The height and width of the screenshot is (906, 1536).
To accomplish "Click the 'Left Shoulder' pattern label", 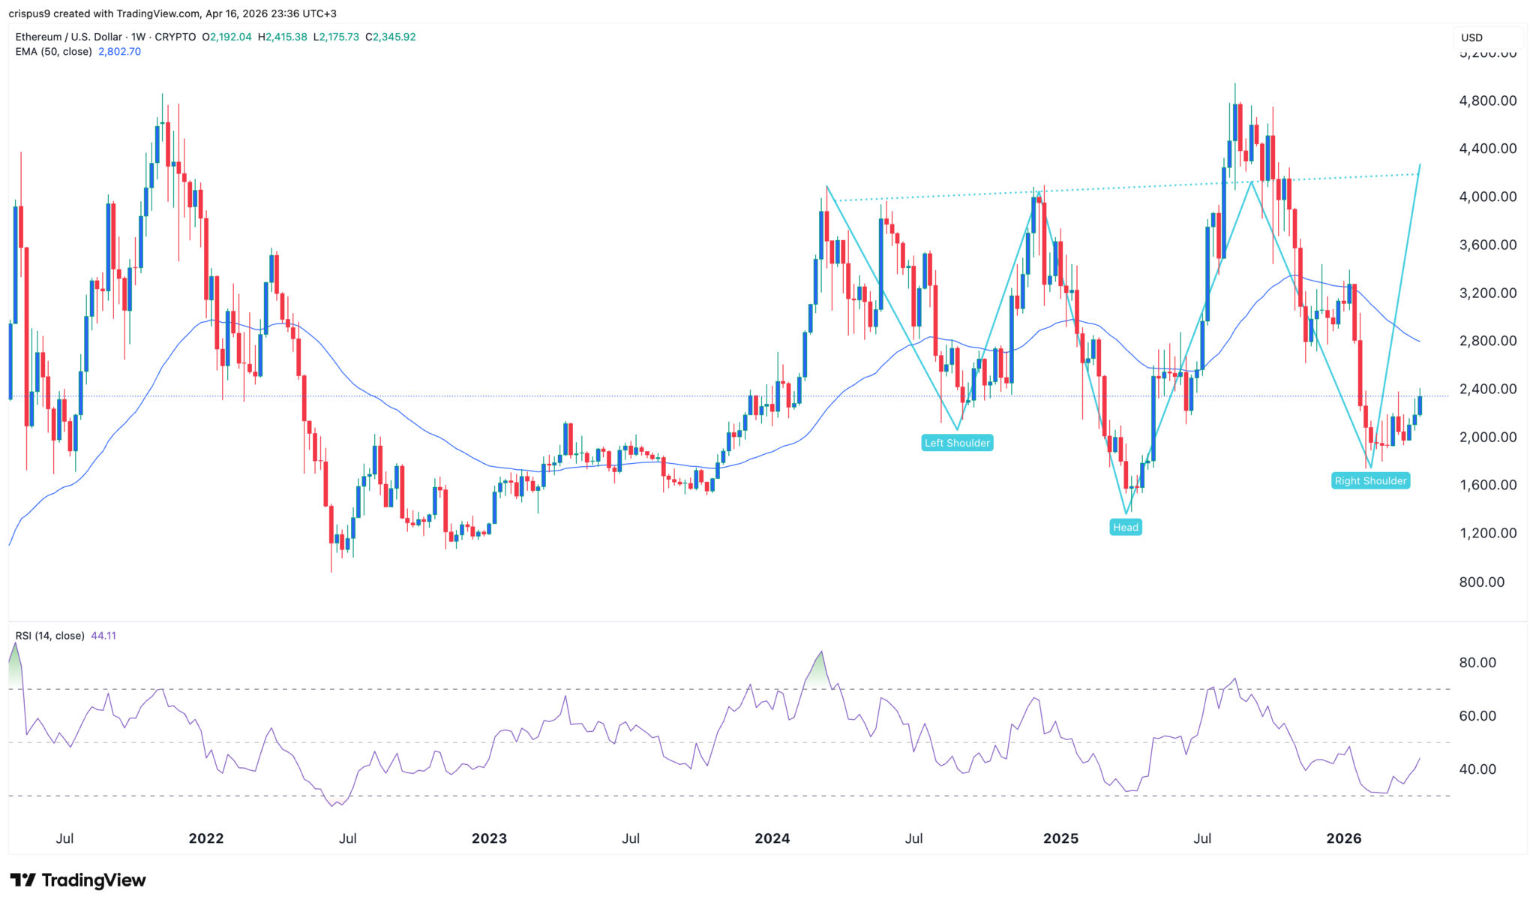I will click(x=957, y=443).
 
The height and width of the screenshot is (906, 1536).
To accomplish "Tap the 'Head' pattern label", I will click(x=1125, y=527).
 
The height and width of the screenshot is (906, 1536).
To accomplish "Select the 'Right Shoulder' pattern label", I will click(x=1370, y=480).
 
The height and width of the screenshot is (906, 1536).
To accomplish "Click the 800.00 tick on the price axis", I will click(x=1481, y=582).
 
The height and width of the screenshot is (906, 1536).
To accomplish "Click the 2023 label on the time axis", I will click(x=489, y=838).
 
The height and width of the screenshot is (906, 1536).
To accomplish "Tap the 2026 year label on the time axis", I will click(x=1343, y=838).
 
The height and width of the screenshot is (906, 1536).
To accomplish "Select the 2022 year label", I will click(x=205, y=838).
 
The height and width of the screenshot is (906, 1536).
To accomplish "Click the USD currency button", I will click(x=1471, y=38).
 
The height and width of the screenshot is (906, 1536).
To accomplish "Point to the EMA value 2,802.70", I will click(x=119, y=52).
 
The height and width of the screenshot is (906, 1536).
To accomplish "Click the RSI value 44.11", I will click(x=103, y=636).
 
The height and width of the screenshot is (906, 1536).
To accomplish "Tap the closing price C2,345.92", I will click(x=390, y=37).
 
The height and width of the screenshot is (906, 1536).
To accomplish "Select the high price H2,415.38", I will click(x=282, y=37).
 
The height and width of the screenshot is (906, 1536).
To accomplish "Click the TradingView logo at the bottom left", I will click(x=78, y=880).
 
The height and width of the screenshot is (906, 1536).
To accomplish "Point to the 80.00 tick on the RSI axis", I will click(x=1477, y=663).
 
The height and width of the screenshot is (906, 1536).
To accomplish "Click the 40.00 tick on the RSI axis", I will click(x=1477, y=769).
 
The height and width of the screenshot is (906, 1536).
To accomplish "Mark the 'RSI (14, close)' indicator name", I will click(x=49, y=636).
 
